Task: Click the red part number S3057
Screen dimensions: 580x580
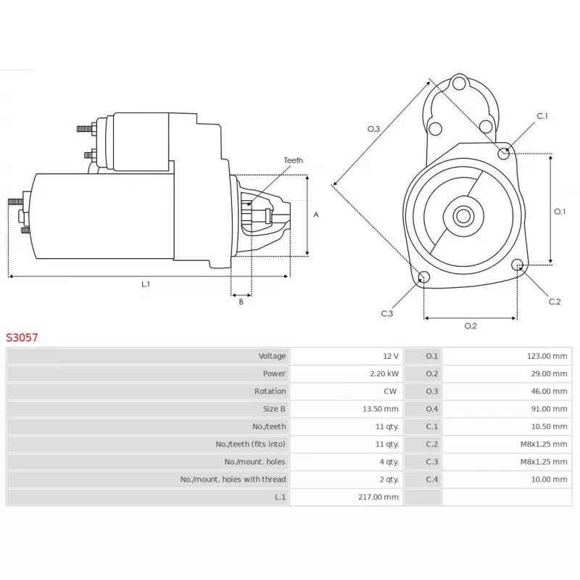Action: pos(22,337)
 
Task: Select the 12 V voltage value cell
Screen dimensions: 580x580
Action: pos(390,356)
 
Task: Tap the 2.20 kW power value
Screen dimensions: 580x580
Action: pos(386,374)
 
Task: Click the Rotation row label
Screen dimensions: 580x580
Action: pos(270,391)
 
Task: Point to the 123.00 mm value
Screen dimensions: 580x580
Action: pos(547,356)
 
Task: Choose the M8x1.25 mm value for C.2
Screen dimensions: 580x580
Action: pos(544,444)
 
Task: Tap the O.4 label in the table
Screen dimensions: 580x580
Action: pos(431,409)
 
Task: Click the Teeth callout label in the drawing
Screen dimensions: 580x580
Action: pos(293,160)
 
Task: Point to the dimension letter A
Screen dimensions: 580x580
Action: pos(315,215)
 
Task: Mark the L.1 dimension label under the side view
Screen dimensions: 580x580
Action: pos(145,284)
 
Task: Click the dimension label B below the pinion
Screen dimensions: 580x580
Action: pos(241,302)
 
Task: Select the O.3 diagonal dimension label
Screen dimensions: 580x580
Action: pos(373,129)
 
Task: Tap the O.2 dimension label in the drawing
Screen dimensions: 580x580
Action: pos(470,326)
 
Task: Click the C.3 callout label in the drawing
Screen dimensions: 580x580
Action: pos(386,313)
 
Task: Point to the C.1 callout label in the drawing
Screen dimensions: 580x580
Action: pos(542,116)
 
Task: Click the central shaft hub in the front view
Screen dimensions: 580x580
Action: pos(463,216)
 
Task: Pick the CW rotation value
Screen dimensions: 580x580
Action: pos(390,391)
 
